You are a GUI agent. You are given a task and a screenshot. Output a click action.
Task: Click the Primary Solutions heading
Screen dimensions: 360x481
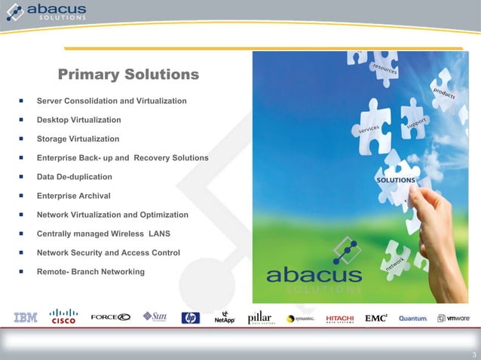click(x=128, y=75)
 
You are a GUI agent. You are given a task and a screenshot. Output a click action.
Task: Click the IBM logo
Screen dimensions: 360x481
click(x=26, y=318)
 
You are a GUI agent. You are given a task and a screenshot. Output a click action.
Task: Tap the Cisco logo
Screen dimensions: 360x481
click(x=63, y=316)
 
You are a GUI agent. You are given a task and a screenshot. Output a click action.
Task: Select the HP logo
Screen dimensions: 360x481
click(x=190, y=318)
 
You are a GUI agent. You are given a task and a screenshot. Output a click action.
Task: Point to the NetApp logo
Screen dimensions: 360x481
click(x=225, y=318)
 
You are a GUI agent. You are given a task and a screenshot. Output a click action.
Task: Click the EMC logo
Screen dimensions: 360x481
click(x=376, y=318)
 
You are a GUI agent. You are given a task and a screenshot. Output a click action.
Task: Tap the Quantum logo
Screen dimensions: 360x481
click(x=413, y=319)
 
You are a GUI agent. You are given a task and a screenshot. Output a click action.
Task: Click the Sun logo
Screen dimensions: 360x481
click(x=155, y=317)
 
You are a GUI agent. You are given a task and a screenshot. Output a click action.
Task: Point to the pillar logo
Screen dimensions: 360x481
click(x=260, y=318)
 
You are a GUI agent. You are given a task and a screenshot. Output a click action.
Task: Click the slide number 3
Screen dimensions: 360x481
click(x=473, y=355)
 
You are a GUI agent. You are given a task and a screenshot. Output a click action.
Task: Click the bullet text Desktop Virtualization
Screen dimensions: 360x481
click(x=78, y=120)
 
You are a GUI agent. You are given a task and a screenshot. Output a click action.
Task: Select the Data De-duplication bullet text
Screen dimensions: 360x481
click(x=74, y=177)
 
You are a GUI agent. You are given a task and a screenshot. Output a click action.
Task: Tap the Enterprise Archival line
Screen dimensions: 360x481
click(x=73, y=196)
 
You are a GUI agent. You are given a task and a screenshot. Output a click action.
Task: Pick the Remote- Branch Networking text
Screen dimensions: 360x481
click(x=90, y=271)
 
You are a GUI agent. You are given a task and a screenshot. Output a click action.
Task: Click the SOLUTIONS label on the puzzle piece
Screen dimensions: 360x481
click(x=396, y=181)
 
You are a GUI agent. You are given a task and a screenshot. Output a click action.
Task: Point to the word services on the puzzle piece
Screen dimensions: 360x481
click(x=369, y=130)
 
